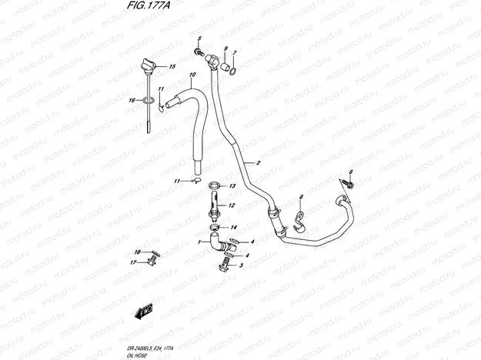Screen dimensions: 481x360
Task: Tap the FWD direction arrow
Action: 143,312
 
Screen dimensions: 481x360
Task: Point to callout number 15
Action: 172,67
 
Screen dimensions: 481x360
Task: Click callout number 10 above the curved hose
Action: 192,75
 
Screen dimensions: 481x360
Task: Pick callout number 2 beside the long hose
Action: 259,163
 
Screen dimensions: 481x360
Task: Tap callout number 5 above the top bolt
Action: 199,38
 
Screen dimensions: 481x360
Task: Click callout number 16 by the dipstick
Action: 132,100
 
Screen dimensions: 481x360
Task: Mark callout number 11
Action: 176,181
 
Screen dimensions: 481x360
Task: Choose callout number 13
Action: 233,185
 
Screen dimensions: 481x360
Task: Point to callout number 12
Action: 232,205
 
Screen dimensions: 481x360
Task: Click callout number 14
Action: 234,227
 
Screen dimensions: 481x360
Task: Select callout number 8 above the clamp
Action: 301,198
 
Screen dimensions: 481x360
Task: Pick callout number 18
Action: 137,252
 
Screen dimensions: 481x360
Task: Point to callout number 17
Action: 132,262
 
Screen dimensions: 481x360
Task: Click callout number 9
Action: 225,49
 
